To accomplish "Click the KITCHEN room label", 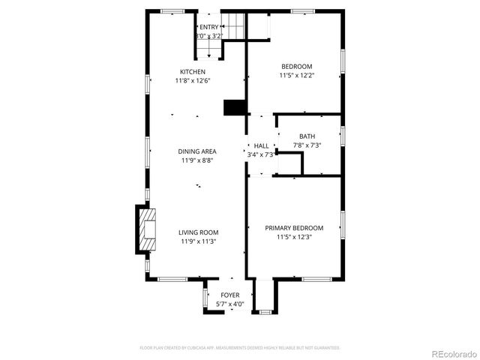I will [192, 72].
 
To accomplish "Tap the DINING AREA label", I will [198, 151].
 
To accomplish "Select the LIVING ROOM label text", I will [199, 232].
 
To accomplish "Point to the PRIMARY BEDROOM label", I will [294, 228].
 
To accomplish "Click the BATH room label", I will [307, 136].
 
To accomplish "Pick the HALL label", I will [261, 145].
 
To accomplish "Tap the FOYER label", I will [229, 295].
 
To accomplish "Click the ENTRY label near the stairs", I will [209, 27].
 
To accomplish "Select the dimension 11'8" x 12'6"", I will [192, 81].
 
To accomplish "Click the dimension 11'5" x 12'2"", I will [296, 75].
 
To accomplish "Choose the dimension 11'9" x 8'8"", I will [198, 160].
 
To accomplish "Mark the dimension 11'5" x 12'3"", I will [294, 237].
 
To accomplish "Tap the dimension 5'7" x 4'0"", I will [229, 304].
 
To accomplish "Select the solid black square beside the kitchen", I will [235, 107].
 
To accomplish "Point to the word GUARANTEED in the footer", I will [324, 348].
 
